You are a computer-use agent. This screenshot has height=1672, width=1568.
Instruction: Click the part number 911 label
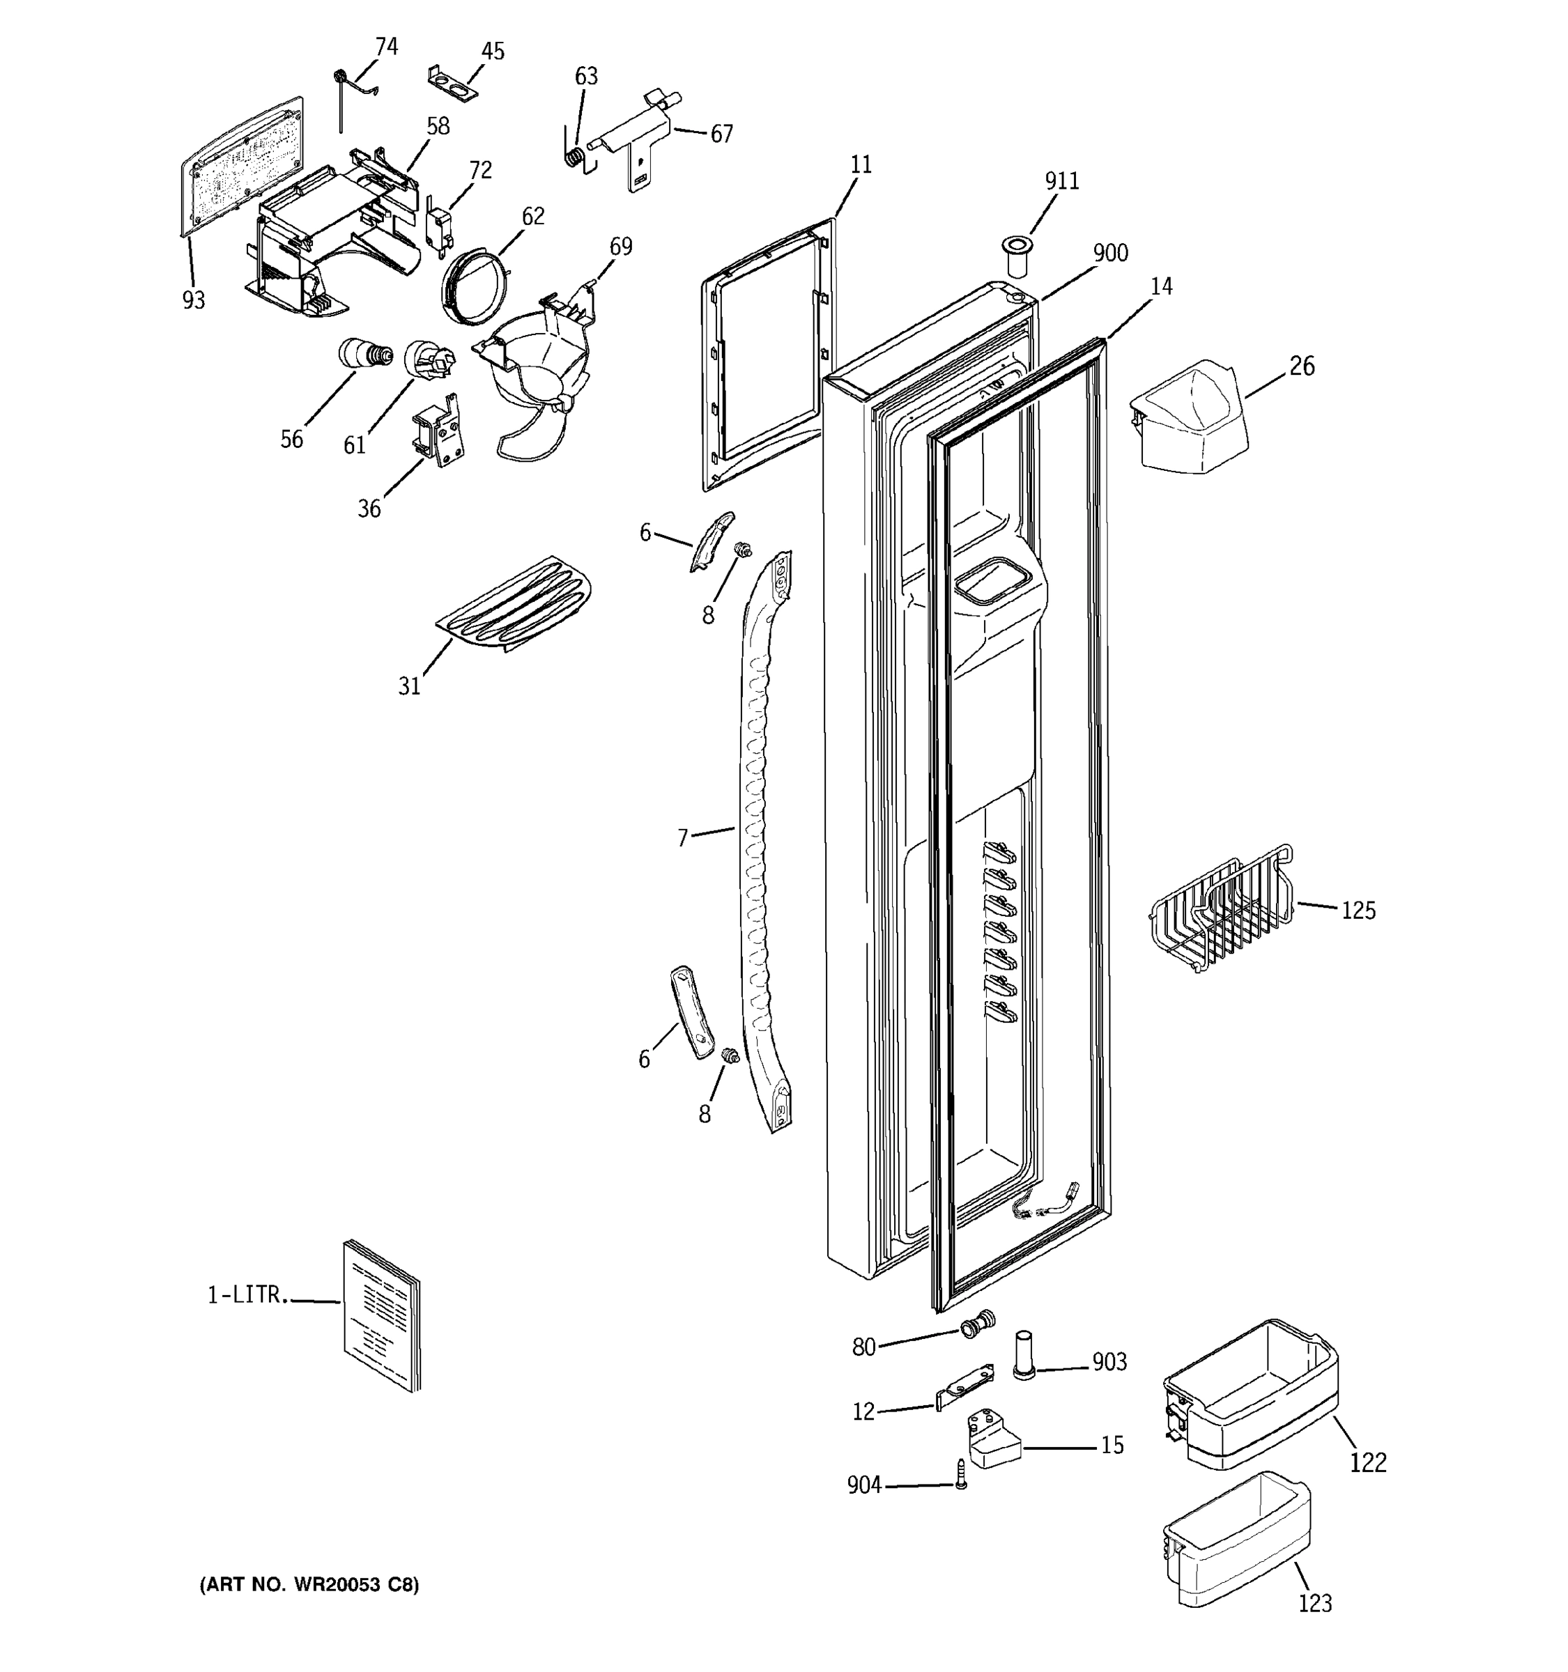(x=1061, y=181)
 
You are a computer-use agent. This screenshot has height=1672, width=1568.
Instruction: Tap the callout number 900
(x=1110, y=253)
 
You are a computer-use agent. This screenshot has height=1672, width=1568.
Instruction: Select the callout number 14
(x=1161, y=287)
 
